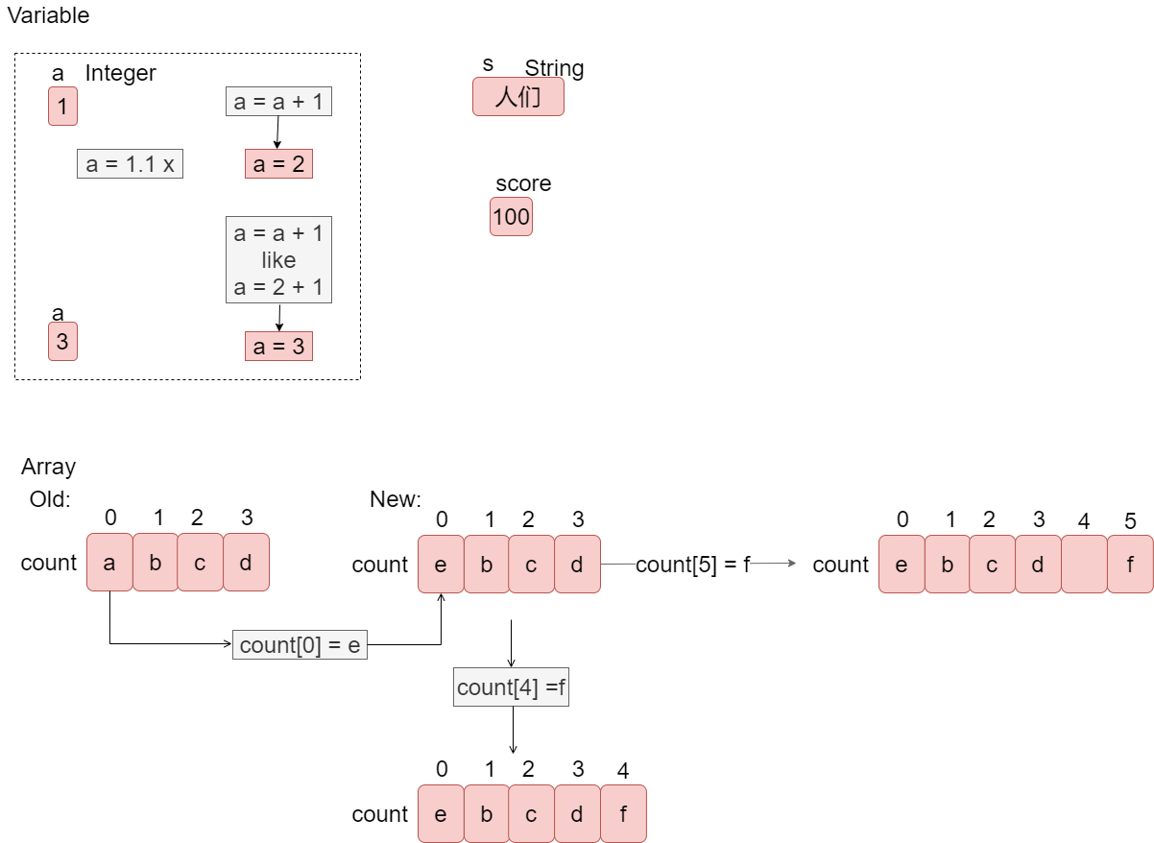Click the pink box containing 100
tap(511, 217)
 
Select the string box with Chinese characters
tap(517, 97)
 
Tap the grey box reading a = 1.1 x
tap(130, 164)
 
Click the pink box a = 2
tap(278, 164)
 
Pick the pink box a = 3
tap(278, 347)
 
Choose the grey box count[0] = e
tap(300, 645)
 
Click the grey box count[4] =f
tap(511, 687)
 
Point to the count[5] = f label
tap(692, 565)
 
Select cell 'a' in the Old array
tap(109, 563)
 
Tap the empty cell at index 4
tap(1084, 565)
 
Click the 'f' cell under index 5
tap(1130, 565)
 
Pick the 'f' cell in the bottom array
tap(623, 814)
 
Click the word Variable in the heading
tap(48, 15)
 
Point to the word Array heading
tap(48, 468)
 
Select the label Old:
tap(50, 499)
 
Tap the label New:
tap(396, 499)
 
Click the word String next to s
tap(554, 68)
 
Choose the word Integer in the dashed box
tap(120, 73)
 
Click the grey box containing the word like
tap(278, 259)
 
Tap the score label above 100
tap(523, 183)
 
